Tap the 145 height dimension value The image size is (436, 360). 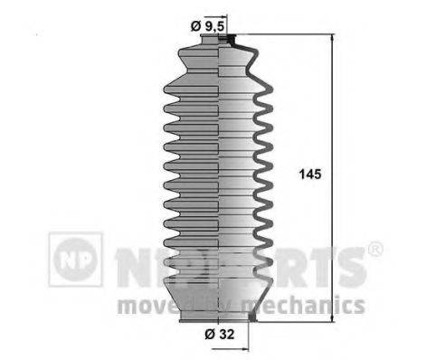(x=308, y=172)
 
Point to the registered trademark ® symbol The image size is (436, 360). (x=374, y=249)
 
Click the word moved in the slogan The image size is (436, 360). (x=150, y=304)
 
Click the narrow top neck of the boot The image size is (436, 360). (x=223, y=43)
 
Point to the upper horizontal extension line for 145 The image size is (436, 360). (x=289, y=36)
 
